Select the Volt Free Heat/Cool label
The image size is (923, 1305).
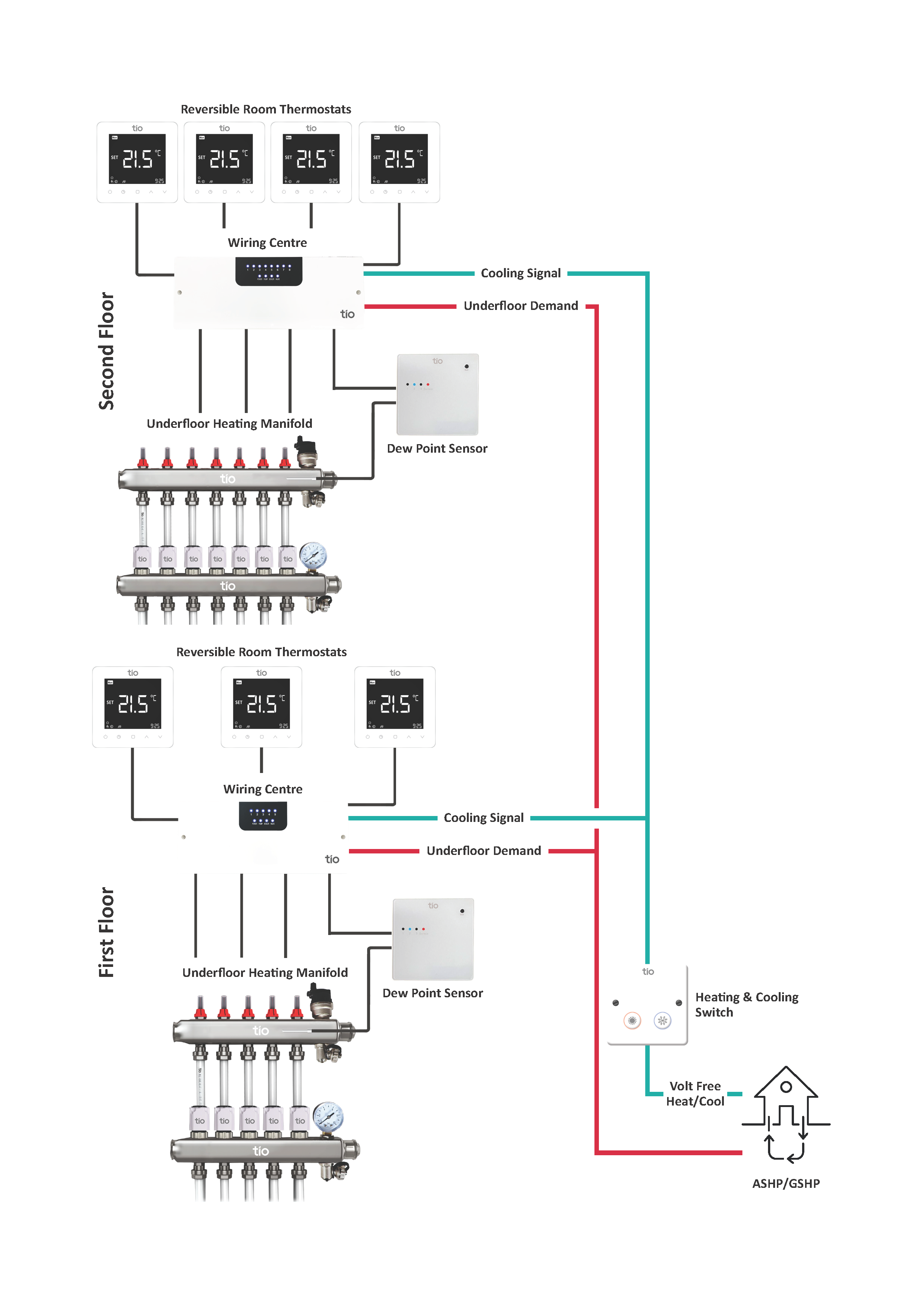[x=695, y=1094]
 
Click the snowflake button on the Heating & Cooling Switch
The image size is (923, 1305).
[x=662, y=1021]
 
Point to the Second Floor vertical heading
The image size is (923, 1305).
[x=106, y=351]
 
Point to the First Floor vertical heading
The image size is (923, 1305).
[x=106, y=932]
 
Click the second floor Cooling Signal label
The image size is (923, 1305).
[x=521, y=273]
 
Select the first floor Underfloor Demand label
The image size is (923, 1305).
[x=484, y=851]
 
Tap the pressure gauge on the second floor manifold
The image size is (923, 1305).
[x=313, y=555]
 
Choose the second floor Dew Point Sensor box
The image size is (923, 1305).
[x=438, y=394]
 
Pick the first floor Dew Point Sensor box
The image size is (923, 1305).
[x=433, y=939]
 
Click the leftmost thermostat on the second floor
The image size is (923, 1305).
[x=137, y=162]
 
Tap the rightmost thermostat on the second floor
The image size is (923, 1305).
[x=399, y=162]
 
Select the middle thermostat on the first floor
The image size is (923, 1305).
[x=261, y=707]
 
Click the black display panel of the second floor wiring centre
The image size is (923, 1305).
[x=269, y=271]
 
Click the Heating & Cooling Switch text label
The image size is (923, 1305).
[x=746, y=1004]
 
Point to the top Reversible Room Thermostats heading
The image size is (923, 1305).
[x=266, y=109]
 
